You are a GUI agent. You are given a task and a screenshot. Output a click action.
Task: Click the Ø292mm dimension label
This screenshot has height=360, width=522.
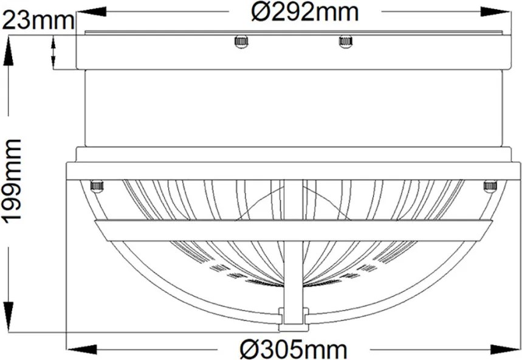(x=305, y=12)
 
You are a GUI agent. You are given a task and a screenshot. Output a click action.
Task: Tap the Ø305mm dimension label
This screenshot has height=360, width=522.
(x=294, y=349)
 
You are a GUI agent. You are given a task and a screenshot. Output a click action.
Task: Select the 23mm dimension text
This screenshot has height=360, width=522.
(x=38, y=20)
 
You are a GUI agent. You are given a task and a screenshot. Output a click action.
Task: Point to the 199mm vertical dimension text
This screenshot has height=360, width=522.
(x=12, y=180)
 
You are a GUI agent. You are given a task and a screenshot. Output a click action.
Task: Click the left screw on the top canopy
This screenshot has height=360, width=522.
(x=241, y=41)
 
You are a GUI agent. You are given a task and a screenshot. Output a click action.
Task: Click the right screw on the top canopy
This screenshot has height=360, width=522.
(x=346, y=41)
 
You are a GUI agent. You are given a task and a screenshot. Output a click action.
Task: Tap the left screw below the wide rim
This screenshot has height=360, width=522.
(x=97, y=186)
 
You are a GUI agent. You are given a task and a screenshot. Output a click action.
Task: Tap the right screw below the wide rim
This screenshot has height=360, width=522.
(x=490, y=186)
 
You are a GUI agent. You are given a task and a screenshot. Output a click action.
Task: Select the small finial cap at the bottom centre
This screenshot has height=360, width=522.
(x=294, y=320)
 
